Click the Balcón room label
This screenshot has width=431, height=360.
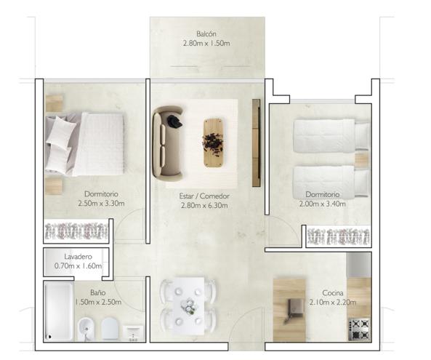click(x=206, y=34)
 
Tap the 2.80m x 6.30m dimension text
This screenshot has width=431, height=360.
click(x=204, y=205)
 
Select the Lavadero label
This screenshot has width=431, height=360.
click(x=78, y=257)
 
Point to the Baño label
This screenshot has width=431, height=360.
click(x=98, y=292)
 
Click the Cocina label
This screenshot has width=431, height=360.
click(x=333, y=293)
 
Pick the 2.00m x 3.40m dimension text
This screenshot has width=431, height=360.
click(x=323, y=204)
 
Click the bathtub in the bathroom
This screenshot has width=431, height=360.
click(x=59, y=311)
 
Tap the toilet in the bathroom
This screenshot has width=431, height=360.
click(x=110, y=329)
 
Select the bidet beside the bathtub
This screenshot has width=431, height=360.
click(x=86, y=329)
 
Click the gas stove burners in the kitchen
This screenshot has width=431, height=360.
click(x=359, y=329)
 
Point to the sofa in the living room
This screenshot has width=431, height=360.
click(x=168, y=144)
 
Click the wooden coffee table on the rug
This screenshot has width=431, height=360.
click(x=213, y=143)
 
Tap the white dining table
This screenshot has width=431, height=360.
click(x=188, y=306)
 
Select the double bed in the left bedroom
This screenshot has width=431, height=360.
click(x=84, y=144)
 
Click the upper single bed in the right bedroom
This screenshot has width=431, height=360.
click(x=331, y=135)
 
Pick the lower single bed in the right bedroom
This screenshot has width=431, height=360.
click(x=331, y=182)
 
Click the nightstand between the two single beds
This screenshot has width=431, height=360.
click(x=361, y=159)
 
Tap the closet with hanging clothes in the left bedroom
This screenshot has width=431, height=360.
click(x=76, y=231)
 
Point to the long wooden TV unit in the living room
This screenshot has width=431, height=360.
click(x=256, y=143)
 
